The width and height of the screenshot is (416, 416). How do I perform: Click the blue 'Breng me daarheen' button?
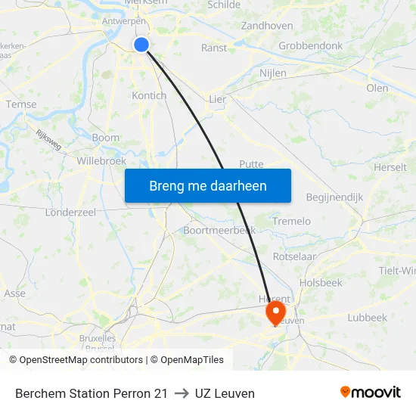click(x=208, y=185)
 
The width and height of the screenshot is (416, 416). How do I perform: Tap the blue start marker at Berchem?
click(x=141, y=45)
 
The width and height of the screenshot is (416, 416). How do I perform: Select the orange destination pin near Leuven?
click(x=275, y=312)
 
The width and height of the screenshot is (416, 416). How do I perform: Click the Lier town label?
click(x=217, y=99)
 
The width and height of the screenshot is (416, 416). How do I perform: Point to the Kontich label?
click(x=149, y=95)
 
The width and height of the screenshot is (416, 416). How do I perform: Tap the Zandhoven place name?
click(x=266, y=26)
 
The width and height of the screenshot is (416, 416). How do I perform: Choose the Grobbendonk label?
click(x=310, y=45)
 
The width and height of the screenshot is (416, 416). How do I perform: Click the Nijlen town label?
click(x=273, y=73)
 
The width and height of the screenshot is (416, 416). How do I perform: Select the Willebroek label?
click(x=101, y=160)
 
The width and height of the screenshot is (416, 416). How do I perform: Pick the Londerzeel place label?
click(x=70, y=213)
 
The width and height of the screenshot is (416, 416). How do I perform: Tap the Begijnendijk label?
click(x=335, y=197)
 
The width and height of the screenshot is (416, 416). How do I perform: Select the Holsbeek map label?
click(x=321, y=283)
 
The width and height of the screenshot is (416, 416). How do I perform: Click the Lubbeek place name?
click(x=367, y=318)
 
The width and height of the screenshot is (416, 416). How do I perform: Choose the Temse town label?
click(x=21, y=104)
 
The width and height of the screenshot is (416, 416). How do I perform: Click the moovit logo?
click(x=371, y=393)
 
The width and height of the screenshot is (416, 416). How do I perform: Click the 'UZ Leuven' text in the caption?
click(x=225, y=393)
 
